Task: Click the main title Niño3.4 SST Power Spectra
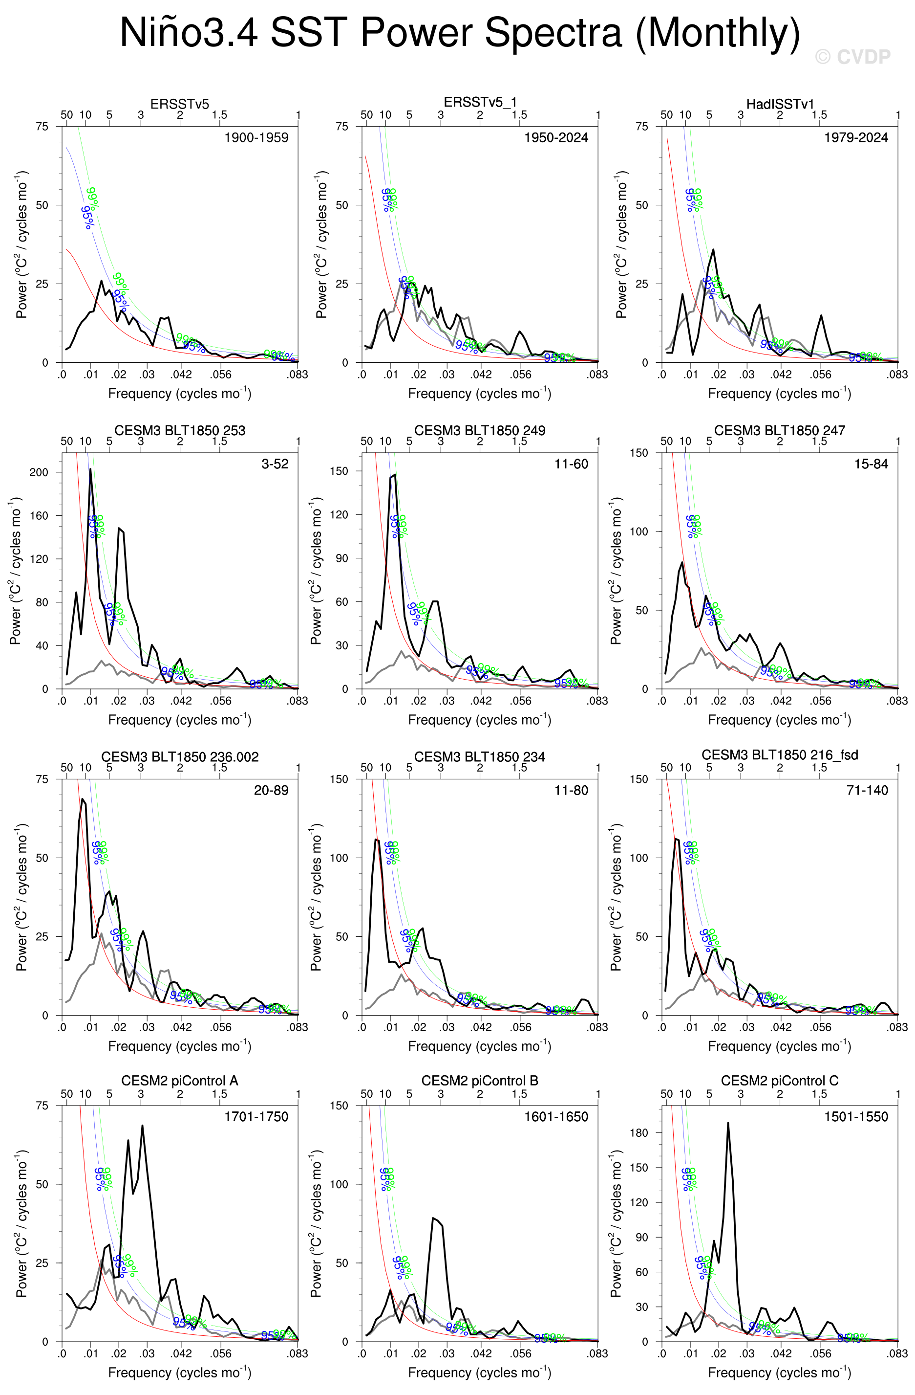(459, 33)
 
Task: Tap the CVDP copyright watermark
(852, 57)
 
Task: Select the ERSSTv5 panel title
(179, 104)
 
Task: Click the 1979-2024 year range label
(855, 138)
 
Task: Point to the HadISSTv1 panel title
(780, 104)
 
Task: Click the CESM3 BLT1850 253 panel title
(179, 431)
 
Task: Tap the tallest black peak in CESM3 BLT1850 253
(90, 469)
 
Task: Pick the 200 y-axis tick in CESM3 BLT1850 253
(39, 472)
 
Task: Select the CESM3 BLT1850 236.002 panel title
(179, 757)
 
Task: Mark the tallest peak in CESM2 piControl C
(727, 1124)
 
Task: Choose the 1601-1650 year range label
(555, 1117)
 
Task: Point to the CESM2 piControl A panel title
(179, 1081)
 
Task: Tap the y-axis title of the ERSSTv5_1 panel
(321, 244)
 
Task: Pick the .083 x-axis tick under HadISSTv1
(897, 375)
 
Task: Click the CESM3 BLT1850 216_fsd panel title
(780, 755)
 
